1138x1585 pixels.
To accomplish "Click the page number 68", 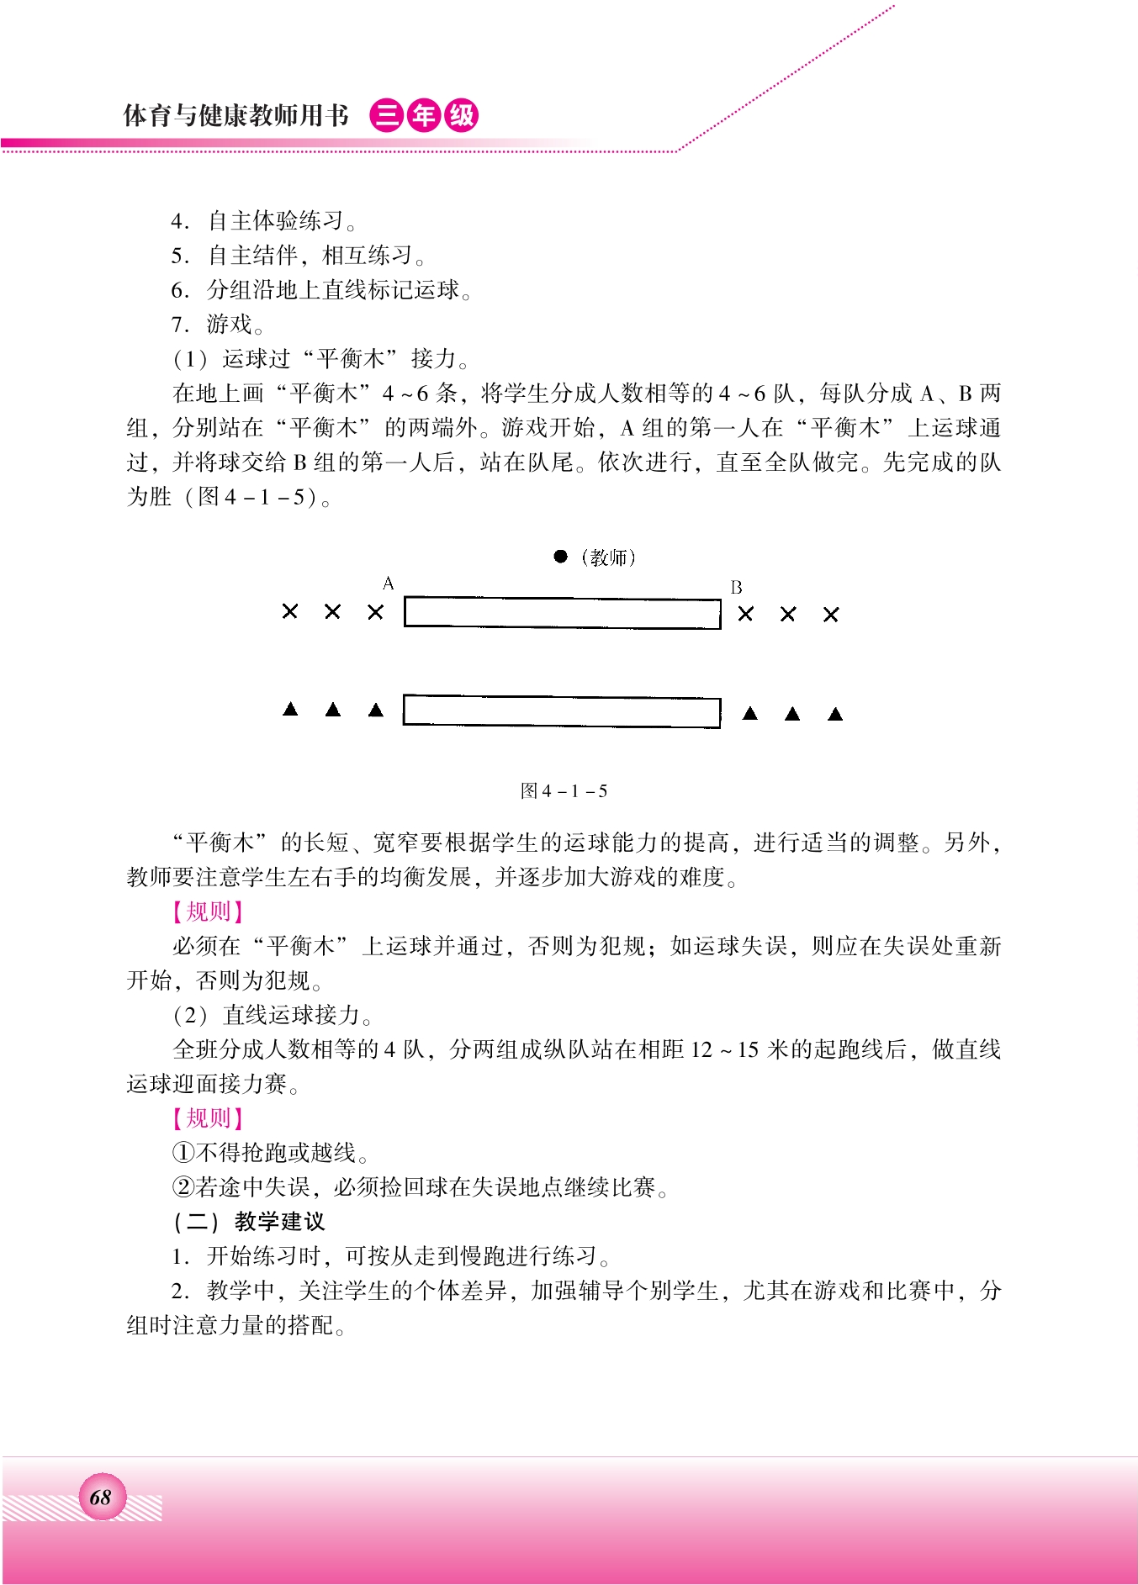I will pos(100,1498).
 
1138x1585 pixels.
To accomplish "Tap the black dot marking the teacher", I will pos(561,557).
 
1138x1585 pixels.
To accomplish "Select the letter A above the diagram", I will pos(388,584).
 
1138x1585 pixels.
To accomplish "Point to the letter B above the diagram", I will pos(736,588).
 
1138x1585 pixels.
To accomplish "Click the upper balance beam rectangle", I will pos(562,613).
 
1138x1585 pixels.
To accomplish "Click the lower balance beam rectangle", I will pos(562,711).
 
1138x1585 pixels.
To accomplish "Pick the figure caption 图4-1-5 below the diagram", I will pos(564,791).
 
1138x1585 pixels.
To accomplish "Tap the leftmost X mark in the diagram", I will pos(290,612).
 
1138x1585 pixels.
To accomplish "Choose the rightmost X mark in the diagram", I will pos(831,616).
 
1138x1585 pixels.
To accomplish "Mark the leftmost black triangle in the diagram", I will pos(290,710).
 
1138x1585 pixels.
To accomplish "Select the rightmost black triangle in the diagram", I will pos(835,715).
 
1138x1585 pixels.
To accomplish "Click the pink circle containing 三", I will pos(386,116).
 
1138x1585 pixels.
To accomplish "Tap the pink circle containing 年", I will pos(424,116).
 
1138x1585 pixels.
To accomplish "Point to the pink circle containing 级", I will pos(462,116).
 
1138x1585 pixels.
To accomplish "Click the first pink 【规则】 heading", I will pos(208,911).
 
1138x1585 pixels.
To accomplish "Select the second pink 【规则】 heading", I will pos(208,1118).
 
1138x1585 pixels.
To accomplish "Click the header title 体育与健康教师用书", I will pos(236,115).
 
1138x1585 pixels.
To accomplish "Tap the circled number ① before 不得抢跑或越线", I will pos(183,1153).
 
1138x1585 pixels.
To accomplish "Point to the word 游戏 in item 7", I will pos(230,325).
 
